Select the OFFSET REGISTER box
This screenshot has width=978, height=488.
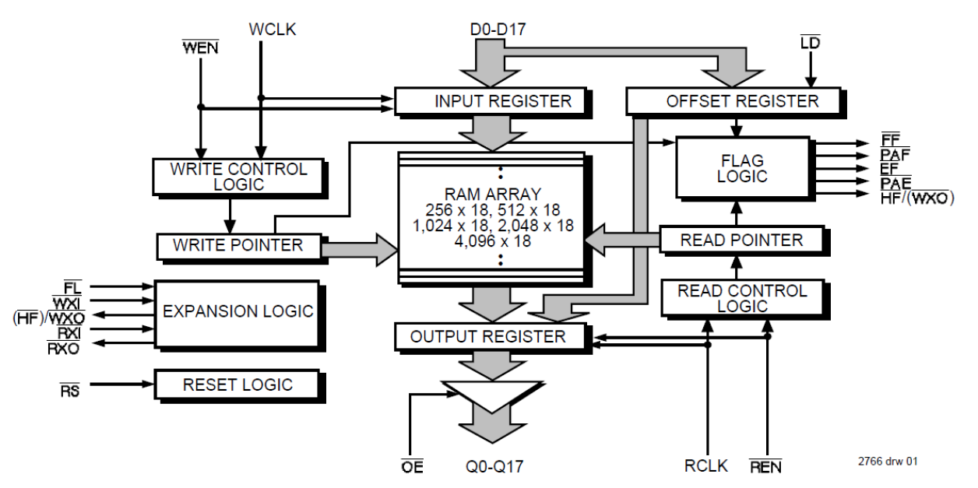(x=733, y=101)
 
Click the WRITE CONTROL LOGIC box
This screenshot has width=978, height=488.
(x=239, y=177)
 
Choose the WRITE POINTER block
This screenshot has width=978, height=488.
(x=239, y=245)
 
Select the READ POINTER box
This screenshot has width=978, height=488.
(x=741, y=240)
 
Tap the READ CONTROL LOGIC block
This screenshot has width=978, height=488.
(x=741, y=298)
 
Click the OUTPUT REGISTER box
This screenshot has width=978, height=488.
(x=488, y=336)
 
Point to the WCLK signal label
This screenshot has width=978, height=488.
(x=273, y=30)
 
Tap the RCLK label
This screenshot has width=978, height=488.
(x=706, y=466)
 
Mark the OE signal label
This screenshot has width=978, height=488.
(x=413, y=467)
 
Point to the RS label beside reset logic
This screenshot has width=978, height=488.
(x=69, y=389)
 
